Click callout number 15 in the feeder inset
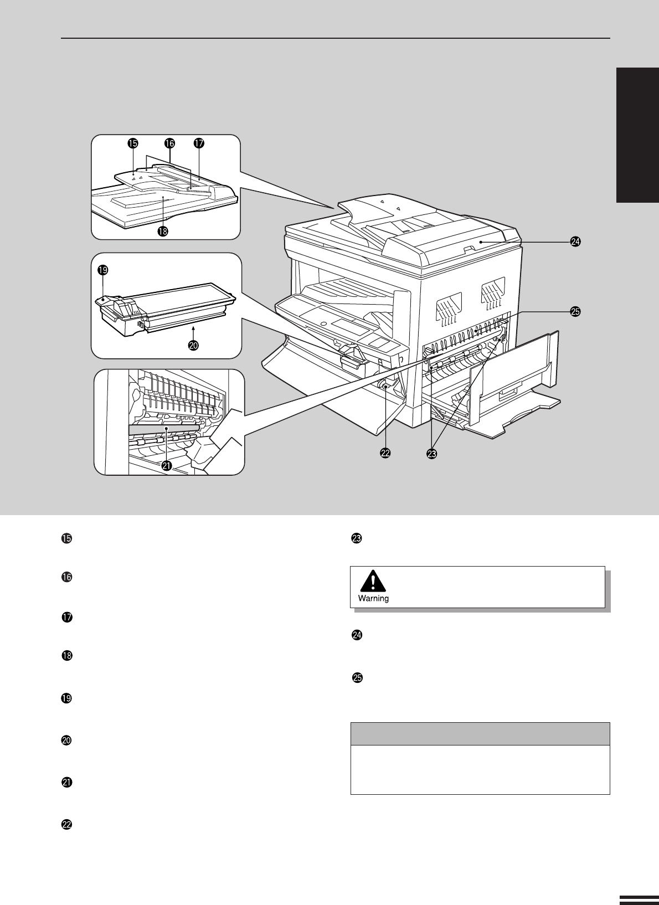[133, 143]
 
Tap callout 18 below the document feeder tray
[163, 232]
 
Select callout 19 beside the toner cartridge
[103, 270]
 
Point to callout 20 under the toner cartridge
[193, 346]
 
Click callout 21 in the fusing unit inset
[167, 466]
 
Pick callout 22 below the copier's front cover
[385, 453]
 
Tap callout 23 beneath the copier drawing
[432, 454]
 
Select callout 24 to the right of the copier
[576, 241]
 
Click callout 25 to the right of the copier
[575, 311]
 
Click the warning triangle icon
[373, 580]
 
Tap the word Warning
[373, 598]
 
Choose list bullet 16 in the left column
[66, 577]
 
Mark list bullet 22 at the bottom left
[66, 825]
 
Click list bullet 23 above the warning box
[357, 538]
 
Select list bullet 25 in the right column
[358, 677]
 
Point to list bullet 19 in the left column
[66, 698]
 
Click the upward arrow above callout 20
[193, 332]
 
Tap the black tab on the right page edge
[637, 135]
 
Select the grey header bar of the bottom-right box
[480, 734]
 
